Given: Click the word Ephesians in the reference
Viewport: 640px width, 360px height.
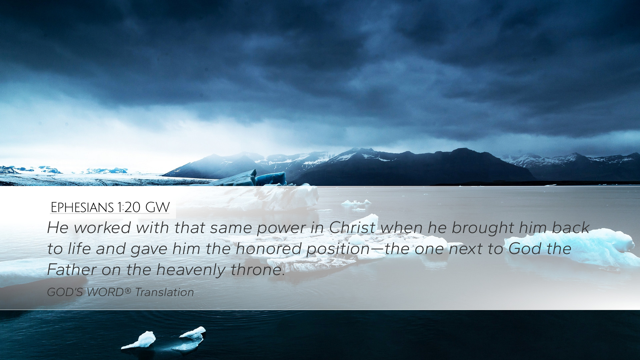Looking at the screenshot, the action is tap(82, 207).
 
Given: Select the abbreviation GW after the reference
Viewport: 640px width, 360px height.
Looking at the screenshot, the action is tap(158, 207).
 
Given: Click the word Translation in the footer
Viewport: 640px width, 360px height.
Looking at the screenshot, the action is tap(164, 292).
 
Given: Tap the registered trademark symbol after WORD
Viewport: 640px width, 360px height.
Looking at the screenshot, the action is tap(128, 291).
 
